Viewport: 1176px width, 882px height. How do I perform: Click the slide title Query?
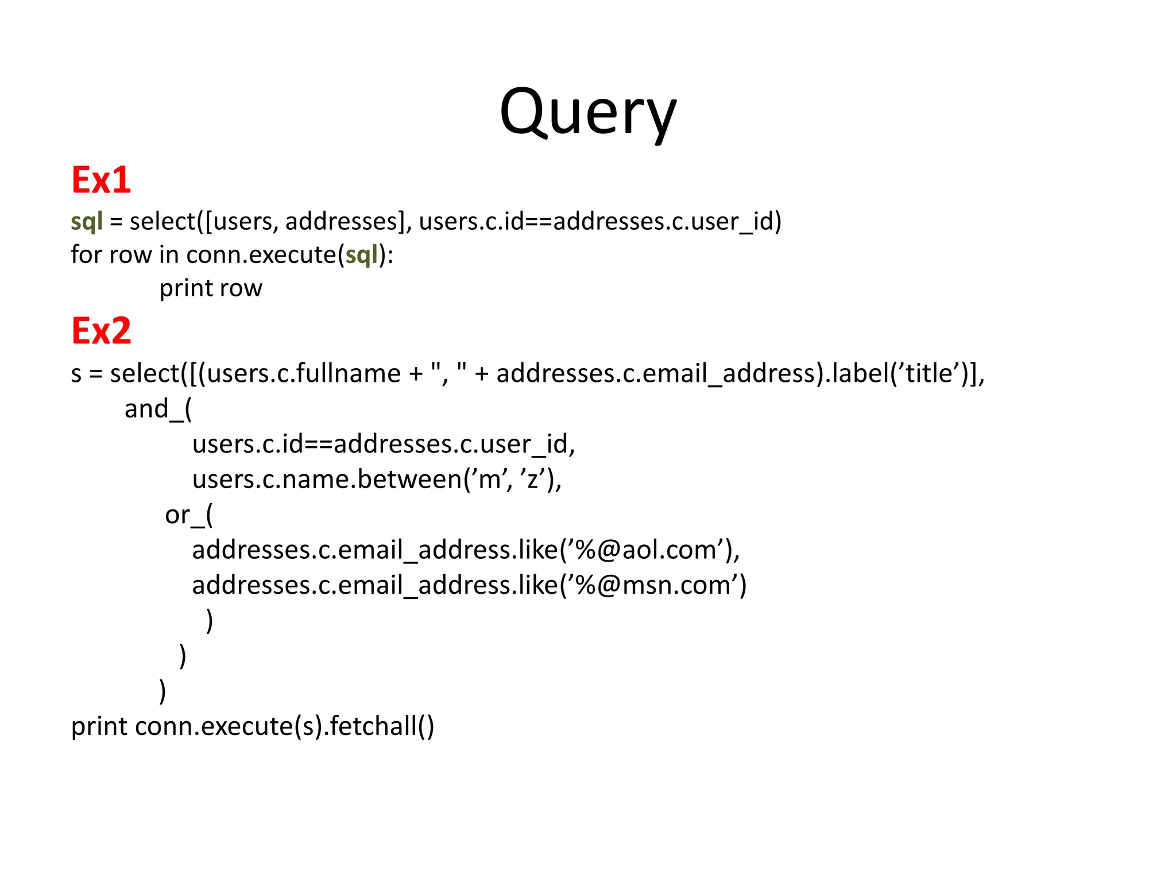pyautogui.click(x=588, y=112)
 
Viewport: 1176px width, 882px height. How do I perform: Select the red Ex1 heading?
pyautogui.click(x=101, y=180)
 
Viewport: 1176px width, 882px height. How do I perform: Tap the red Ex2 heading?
pyautogui.click(x=101, y=331)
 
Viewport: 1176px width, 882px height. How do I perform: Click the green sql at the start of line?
pyautogui.click(x=86, y=222)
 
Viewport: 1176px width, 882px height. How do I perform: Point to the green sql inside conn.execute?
pyautogui.click(x=361, y=255)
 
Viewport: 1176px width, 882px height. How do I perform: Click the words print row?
pyautogui.click(x=211, y=288)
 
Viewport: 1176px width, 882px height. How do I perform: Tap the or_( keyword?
pyautogui.click(x=188, y=515)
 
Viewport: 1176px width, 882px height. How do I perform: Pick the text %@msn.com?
pyautogui.click(x=646, y=586)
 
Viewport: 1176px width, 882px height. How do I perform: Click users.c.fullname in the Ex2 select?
pyautogui.click(x=303, y=374)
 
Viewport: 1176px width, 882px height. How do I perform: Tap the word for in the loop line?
pyautogui.click(x=86, y=255)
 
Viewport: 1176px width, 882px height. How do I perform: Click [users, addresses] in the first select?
pyautogui.click(x=304, y=222)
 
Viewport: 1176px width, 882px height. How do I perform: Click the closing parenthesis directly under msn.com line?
pyautogui.click(x=210, y=621)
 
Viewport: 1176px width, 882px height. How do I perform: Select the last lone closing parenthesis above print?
pyautogui.click(x=163, y=691)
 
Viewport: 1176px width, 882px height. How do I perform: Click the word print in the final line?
pyautogui.click(x=99, y=726)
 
